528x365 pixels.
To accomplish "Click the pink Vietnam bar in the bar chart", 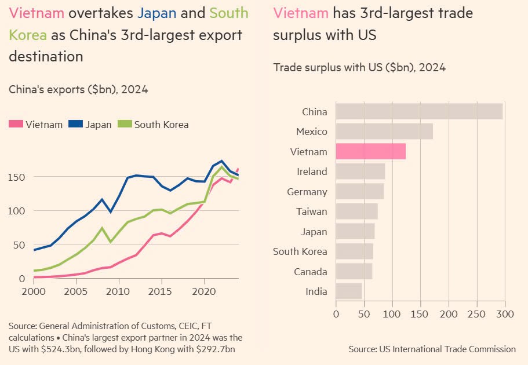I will (370, 152).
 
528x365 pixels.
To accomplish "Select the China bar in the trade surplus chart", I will (418, 111).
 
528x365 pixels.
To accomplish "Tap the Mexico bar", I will (384, 132).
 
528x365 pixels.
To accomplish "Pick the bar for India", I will (348, 291).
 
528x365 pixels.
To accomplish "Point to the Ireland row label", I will (312, 171).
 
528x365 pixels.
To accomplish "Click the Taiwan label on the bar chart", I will (311, 211).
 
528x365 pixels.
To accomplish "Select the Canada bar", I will (354, 272).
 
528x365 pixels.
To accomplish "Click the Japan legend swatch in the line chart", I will (75, 124).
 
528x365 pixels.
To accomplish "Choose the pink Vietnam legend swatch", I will (16, 124).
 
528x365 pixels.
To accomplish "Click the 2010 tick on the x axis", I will (119, 290).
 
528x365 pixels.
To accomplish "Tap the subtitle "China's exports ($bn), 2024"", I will (78, 89).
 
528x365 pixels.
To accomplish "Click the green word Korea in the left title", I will (28, 35).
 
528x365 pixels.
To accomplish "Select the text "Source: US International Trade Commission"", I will (432, 349).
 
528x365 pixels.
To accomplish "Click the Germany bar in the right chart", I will (359, 192).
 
